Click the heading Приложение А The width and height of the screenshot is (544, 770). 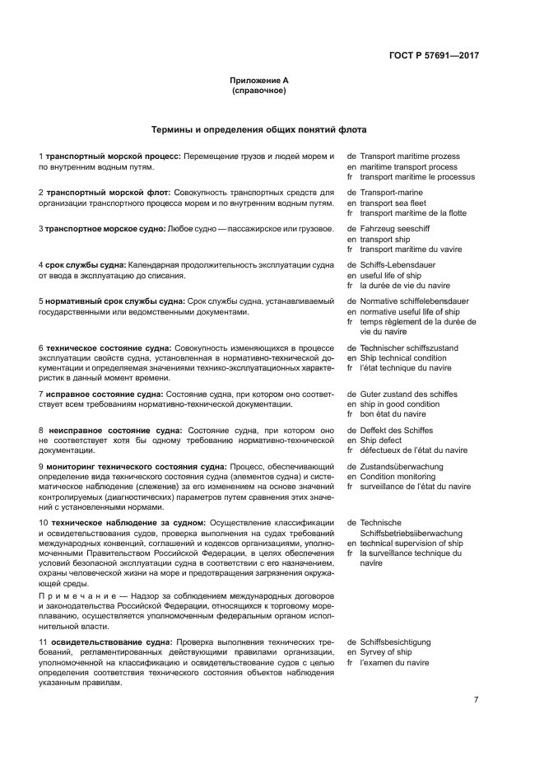259,80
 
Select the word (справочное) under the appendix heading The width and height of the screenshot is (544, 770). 259,91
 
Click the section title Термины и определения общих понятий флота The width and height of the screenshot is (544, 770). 259,129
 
